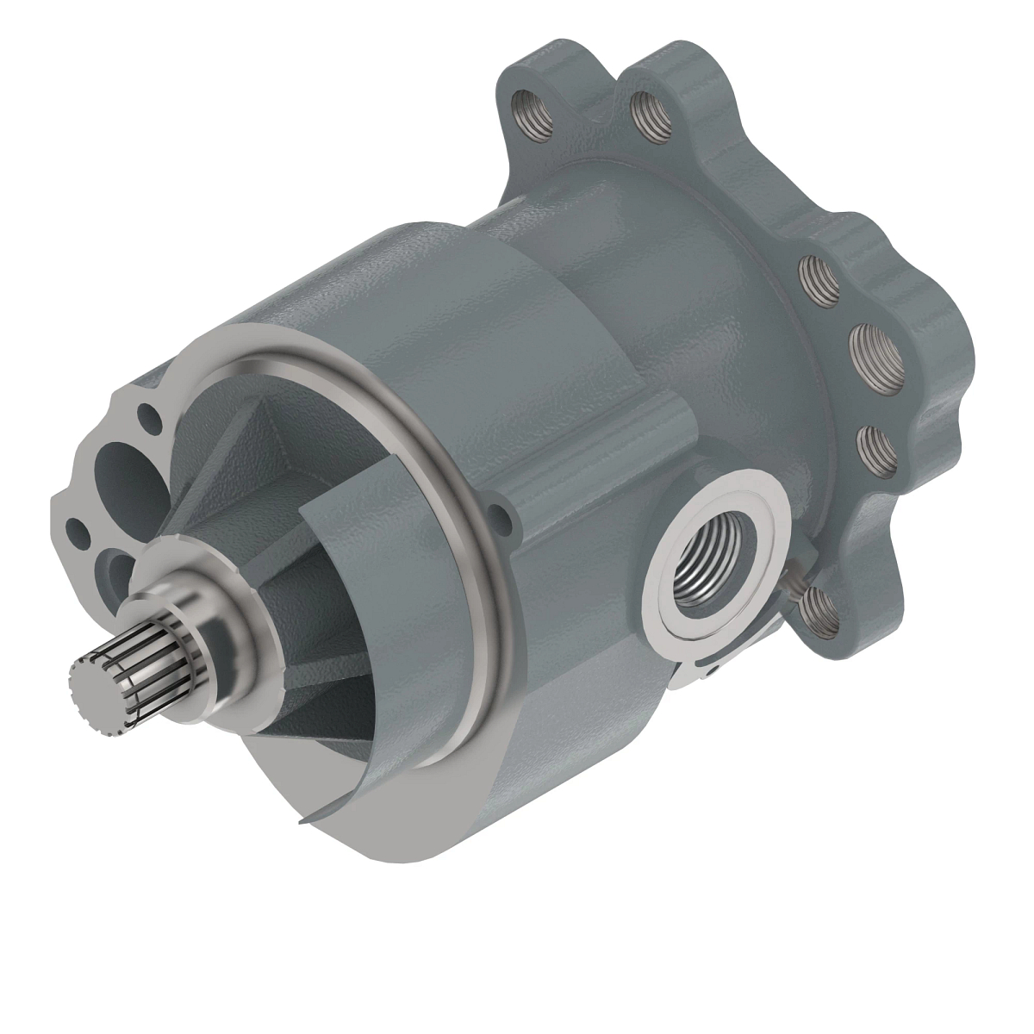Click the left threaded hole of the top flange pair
pos(525,108)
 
